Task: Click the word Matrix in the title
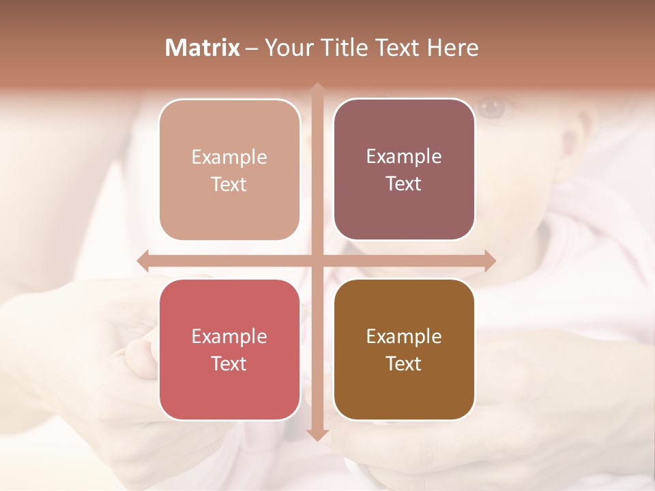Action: pyautogui.click(x=203, y=48)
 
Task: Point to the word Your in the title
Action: pyautogui.click(x=289, y=48)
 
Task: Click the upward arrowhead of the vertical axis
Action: pyautogui.click(x=317, y=88)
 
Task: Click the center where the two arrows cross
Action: pyautogui.click(x=317, y=261)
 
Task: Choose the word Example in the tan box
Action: pyautogui.click(x=229, y=158)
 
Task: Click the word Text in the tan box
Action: pyautogui.click(x=229, y=184)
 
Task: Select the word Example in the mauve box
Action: pyautogui.click(x=404, y=157)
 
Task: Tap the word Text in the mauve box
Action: pyautogui.click(x=404, y=183)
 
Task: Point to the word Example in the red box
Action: pyautogui.click(x=229, y=337)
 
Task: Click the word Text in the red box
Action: pyautogui.click(x=229, y=363)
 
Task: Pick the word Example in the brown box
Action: pyautogui.click(x=404, y=337)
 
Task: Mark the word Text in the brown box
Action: pyautogui.click(x=404, y=363)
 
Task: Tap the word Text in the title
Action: pyautogui.click(x=398, y=48)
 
